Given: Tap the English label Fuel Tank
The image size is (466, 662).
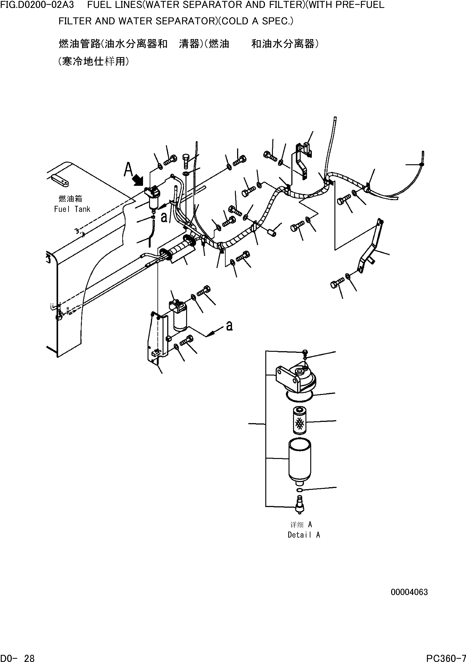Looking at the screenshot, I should [72, 209].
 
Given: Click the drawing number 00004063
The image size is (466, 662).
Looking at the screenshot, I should [409, 592].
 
